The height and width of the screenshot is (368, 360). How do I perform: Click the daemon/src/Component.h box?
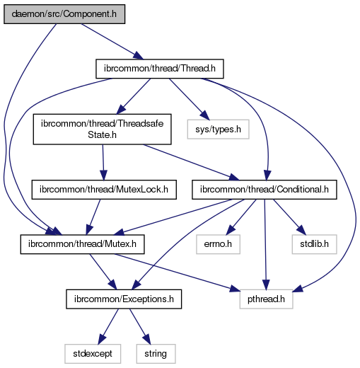(64, 14)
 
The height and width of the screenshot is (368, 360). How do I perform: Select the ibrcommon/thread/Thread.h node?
(160, 69)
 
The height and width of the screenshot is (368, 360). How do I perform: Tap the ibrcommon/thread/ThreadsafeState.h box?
(102, 130)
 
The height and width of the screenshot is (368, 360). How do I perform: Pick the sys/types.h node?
(218, 130)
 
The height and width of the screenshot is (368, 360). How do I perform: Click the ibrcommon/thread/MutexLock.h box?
(104, 190)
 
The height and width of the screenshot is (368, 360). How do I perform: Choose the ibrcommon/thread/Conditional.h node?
(265, 190)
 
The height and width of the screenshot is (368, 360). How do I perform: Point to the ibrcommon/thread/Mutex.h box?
(82, 244)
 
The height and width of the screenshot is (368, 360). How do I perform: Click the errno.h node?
(218, 244)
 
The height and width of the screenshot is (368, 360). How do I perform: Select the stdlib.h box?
(314, 244)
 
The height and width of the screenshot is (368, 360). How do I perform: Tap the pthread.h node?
(266, 299)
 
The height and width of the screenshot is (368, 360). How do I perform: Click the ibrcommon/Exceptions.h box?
(124, 299)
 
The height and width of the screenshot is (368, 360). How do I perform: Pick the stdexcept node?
(93, 354)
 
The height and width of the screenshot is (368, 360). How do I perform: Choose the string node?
(156, 354)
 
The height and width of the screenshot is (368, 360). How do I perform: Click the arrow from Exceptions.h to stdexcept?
(108, 326)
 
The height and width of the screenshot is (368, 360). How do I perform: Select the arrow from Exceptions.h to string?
(140, 326)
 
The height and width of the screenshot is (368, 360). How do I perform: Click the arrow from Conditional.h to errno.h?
(241, 217)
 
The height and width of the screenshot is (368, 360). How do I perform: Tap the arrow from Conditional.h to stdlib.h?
(289, 217)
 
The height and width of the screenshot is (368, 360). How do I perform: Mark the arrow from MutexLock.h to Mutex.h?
(93, 217)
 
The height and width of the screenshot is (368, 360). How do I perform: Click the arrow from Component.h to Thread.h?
(112, 42)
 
